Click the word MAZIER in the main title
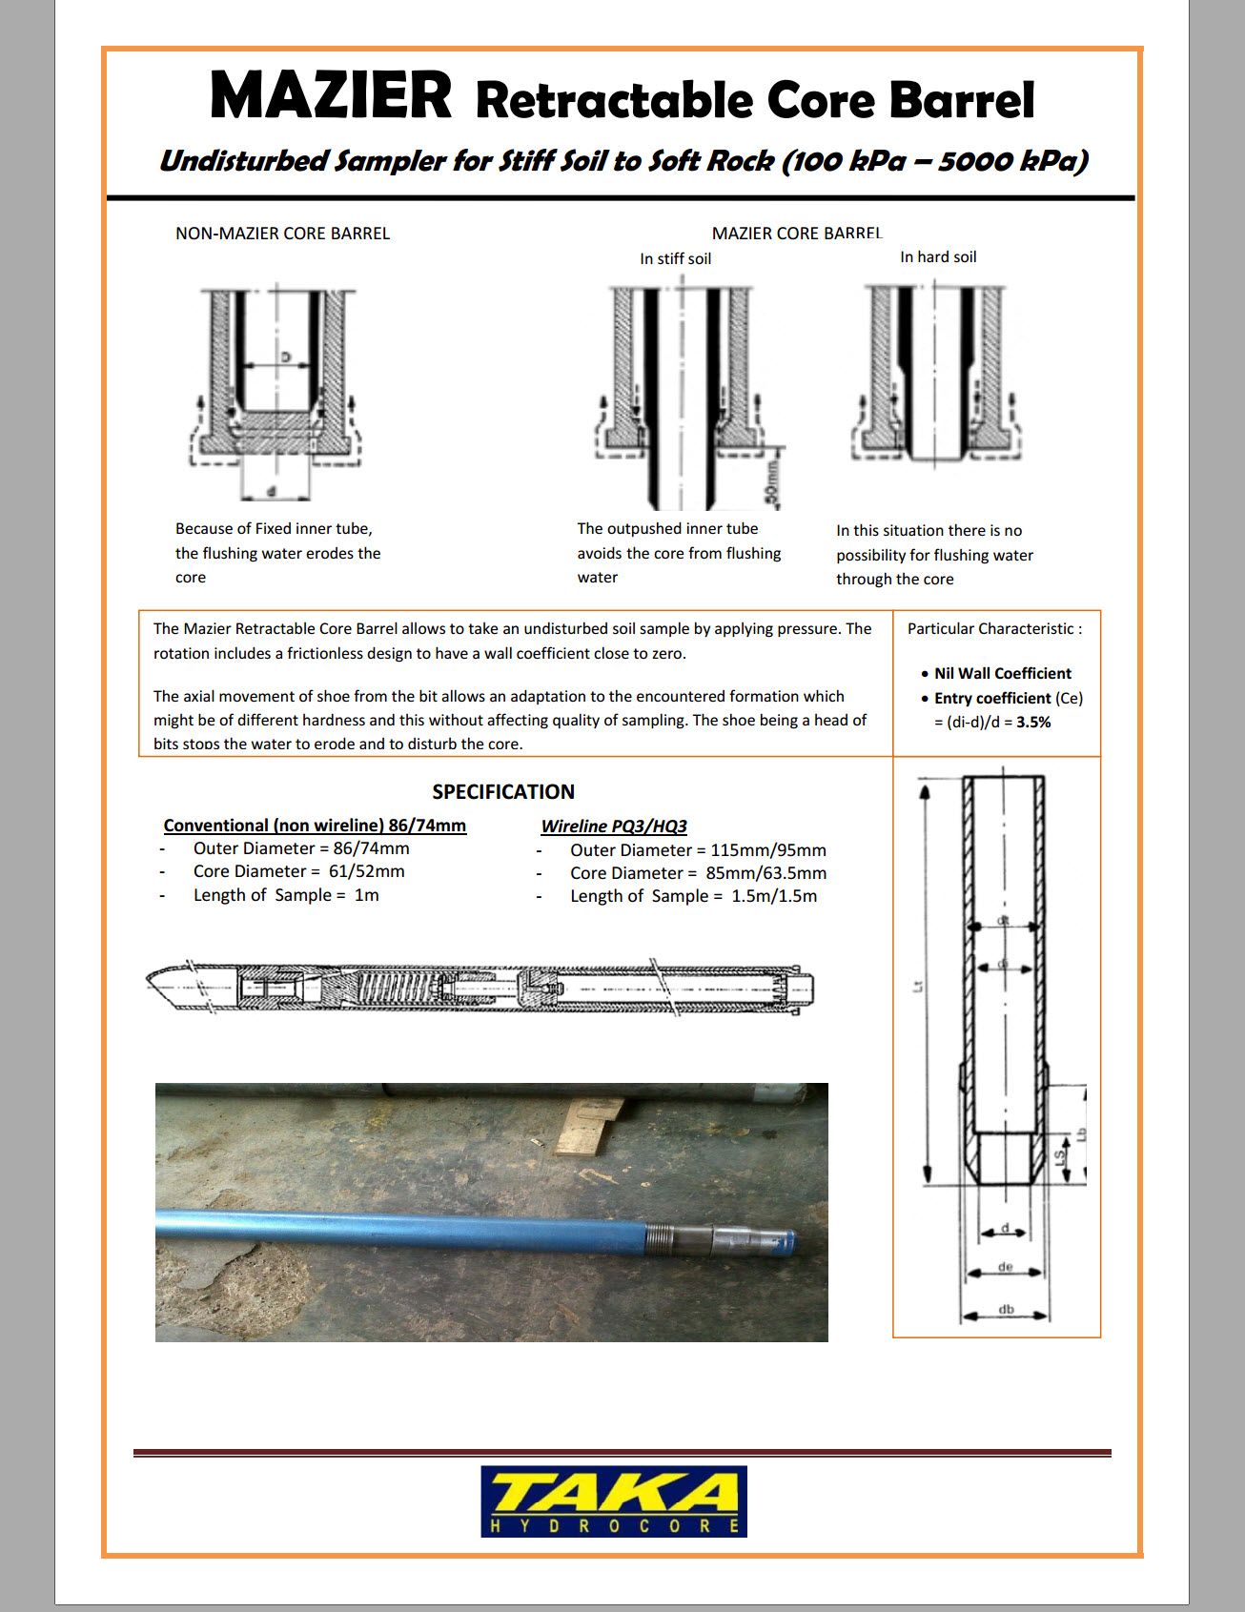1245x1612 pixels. click(330, 96)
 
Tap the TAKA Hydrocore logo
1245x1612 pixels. click(613, 1500)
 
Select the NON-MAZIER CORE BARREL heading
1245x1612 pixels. click(282, 234)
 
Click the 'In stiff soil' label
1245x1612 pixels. click(675, 258)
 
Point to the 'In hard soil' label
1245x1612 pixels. click(938, 257)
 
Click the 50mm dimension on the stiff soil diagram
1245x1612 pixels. click(772, 482)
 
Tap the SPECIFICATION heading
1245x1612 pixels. click(503, 791)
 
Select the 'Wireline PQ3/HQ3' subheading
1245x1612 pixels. click(614, 826)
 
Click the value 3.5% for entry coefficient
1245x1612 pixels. click(1033, 723)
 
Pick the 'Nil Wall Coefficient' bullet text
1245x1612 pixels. click(1002, 673)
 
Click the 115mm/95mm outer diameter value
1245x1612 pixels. click(768, 850)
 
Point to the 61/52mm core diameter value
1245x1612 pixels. click(367, 871)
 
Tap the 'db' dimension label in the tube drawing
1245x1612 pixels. click(1006, 1309)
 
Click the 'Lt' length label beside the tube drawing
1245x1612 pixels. click(918, 987)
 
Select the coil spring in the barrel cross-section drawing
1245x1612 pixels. click(393, 987)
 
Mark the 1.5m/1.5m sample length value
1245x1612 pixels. click(774, 896)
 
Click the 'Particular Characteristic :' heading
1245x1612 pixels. click(994, 629)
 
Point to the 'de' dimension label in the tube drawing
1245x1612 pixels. click(1006, 1267)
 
